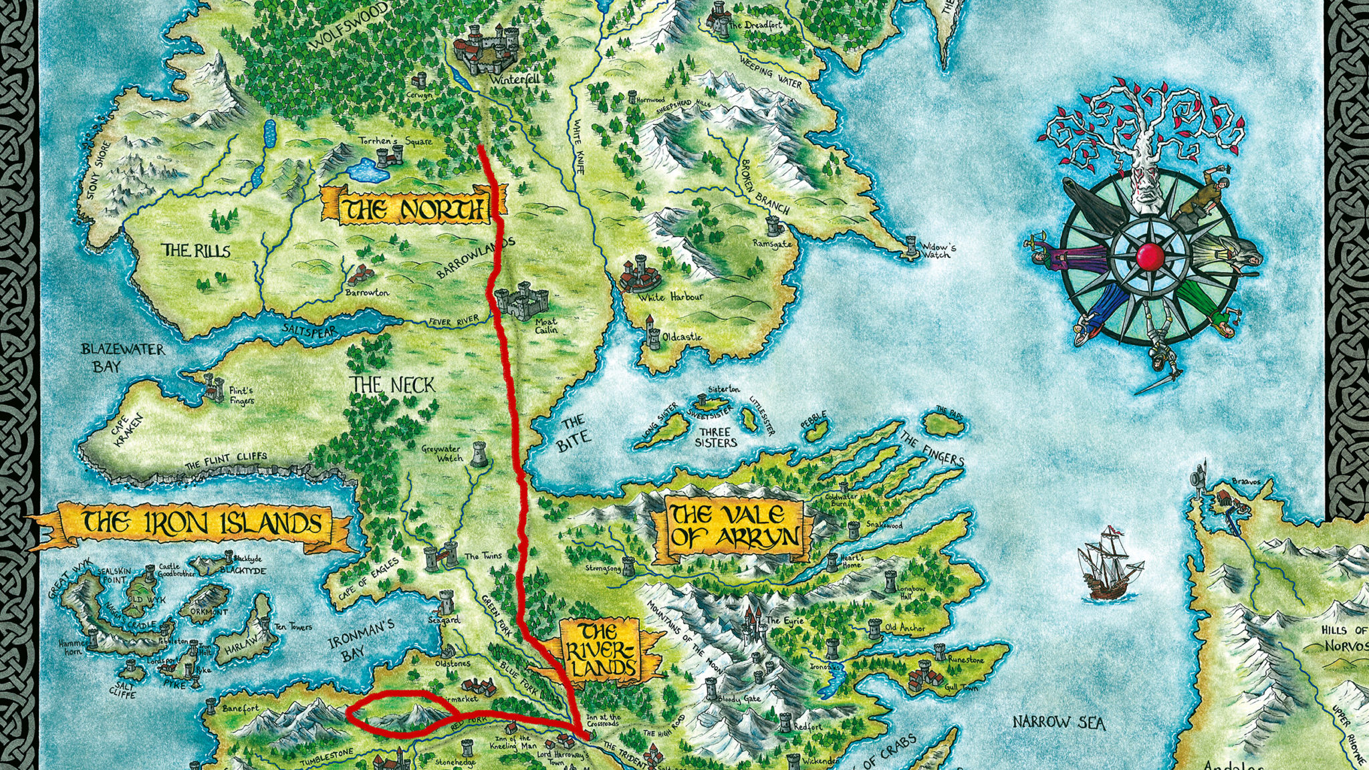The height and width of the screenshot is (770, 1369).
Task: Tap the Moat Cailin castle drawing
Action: tap(522, 301)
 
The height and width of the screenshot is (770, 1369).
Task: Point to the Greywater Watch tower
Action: tap(479, 454)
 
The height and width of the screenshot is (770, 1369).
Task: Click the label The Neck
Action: tap(393, 386)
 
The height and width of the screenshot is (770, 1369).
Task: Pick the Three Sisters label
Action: tap(715, 436)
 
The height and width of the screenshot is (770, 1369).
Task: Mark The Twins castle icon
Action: tap(439, 555)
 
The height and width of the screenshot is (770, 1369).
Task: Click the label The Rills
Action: tap(197, 251)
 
